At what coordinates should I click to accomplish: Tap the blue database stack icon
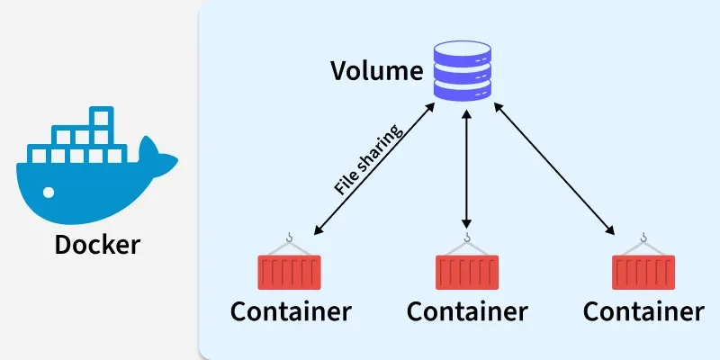tap(465, 68)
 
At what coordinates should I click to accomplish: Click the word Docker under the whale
tap(97, 244)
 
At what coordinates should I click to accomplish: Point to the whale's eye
tap(49, 191)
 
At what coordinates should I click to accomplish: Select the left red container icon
tap(289, 271)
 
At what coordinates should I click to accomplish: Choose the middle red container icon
tap(466, 271)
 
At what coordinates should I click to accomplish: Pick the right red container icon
tap(643, 271)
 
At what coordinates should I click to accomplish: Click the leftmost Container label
tap(290, 312)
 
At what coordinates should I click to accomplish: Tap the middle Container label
tap(466, 312)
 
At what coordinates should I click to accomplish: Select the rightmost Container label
tap(643, 312)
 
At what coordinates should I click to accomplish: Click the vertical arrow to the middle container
tap(466, 171)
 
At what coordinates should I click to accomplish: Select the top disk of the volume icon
tap(465, 49)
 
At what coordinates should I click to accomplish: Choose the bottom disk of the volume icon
tap(465, 90)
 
